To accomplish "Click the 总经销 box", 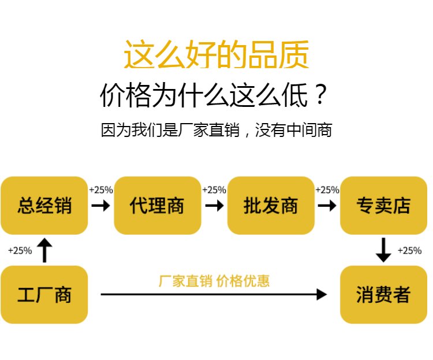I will coord(44,205).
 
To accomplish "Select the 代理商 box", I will coord(157,205).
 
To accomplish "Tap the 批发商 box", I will coord(270,205).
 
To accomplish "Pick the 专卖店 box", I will coord(383,205).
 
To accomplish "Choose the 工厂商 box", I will coord(44,294).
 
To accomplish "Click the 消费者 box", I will coord(383,294).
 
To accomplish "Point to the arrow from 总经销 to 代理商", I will coord(101,206).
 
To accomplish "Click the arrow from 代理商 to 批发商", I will coord(214,206).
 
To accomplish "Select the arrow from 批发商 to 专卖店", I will coord(327,206).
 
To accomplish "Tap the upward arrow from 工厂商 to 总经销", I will coord(44,250).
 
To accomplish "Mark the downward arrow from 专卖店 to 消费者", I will coord(383,249).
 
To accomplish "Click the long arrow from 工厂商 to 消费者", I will coord(214,295).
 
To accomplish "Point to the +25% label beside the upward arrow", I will coord(20,251).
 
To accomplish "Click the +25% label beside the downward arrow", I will coord(409,251).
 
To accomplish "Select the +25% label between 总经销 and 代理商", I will coord(101,190).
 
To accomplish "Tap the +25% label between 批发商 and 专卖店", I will coord(327,190).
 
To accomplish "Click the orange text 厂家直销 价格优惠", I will coord(214,281).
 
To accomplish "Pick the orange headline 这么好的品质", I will coord(216,55).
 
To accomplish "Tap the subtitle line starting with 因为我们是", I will coord(216,130).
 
